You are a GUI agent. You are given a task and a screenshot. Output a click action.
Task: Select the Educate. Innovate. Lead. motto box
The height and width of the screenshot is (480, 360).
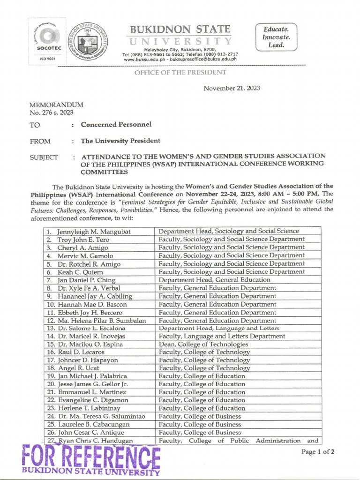tap(276, 37)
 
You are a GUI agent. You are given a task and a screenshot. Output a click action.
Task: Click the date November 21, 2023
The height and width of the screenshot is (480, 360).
tap(232, 88)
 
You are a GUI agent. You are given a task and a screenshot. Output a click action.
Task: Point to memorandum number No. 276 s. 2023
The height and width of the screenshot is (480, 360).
tap(51, 112)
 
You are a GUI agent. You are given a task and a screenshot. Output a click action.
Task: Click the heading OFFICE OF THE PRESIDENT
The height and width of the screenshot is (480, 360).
tap(180, 72)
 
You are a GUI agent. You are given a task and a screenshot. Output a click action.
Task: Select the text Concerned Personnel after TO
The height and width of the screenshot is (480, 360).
tap(116, 125)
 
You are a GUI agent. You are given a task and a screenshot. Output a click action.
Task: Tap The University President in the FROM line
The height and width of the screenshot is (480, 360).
tap(120, 141)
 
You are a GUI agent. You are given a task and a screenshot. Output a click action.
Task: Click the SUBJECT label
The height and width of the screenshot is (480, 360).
tap(44, 157)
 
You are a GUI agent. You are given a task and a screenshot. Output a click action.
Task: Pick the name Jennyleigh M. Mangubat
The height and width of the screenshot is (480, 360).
tap(94, 231)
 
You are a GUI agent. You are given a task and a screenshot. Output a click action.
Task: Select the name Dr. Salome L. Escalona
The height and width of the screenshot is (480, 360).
tap(91, 328)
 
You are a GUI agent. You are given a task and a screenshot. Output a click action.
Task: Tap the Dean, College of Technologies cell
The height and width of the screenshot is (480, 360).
tap(203, 344)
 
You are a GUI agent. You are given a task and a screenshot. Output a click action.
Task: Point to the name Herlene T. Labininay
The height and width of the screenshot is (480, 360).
tap(89, 408)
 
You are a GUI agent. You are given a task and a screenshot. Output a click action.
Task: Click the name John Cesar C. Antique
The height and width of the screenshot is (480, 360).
tap(94, 432)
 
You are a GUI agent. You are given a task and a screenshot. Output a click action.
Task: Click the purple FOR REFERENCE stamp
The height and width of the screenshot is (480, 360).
tap(91, 458)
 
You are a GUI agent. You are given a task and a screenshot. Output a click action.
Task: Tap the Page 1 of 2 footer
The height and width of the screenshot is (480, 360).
tap(318, 452)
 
